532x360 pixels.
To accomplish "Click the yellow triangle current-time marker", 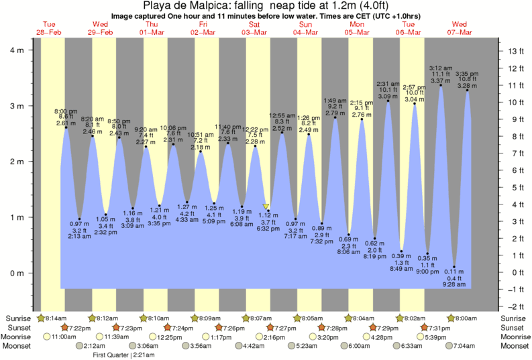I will (266, 207).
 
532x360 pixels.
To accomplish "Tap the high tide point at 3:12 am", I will (441, 85).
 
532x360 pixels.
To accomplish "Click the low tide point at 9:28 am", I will (454, 267).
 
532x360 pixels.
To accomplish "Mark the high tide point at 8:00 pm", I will (66, 127).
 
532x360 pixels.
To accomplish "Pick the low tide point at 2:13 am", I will (79, 219).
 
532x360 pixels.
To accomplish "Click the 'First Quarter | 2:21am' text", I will (123, 355).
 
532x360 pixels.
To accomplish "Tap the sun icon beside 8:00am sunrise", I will (452, 318).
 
